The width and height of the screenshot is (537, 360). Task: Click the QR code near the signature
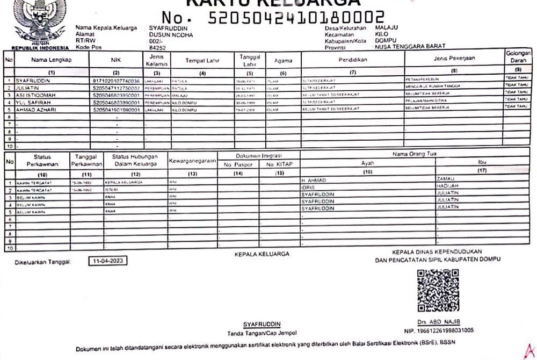(x=438, y=291)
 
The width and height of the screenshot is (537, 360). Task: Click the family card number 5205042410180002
(x=296, y=18)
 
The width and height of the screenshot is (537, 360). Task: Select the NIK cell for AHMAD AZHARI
(x=117, y=110)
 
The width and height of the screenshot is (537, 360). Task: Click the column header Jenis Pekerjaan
(x=453, y=59)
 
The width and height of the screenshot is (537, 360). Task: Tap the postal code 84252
(x=157, y=47)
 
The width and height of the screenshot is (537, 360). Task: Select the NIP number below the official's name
(x=438, y=330)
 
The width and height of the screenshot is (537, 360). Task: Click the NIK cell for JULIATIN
(x=117, y=87)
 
